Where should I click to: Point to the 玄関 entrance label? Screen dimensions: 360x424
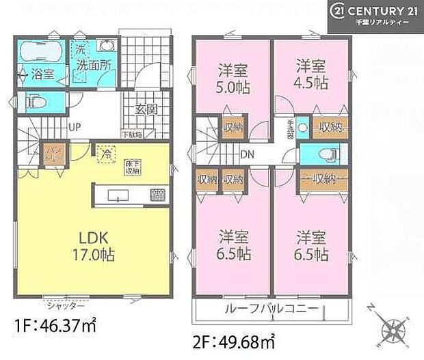click(146, 109)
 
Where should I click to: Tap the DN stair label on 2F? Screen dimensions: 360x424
click(248, 154)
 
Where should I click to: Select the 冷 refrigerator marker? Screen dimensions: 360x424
click(106, 154)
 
